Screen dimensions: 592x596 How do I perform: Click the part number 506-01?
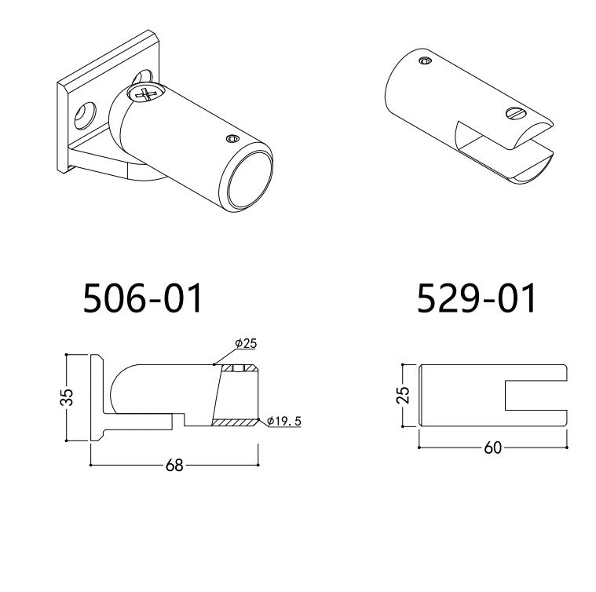pyautogui.click(x=143, y=298)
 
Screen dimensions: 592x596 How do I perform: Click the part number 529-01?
pyautogui.click(x=477, y=298)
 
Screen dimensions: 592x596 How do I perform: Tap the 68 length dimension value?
pyautogui.click(x=174, y=465)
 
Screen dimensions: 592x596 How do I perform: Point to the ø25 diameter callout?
pyautogui.click(x=246, y=343)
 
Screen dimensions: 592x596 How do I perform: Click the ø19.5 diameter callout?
pyautogui.click(x=283, y=422)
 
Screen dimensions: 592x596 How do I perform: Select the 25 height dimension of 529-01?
pyautogui.click(x=403, y=395)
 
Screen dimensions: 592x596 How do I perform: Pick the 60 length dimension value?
pyautogui.click(x=492, y=448)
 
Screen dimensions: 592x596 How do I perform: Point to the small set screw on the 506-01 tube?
pyautogui.click(x=231, y=139)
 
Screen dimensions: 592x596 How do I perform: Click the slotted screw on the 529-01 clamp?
pyautogui.click(x=515, y=114)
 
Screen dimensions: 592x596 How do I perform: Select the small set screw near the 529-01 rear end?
pyautogui.click(x=425, y=60)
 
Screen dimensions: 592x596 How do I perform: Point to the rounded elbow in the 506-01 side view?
pyautogui.click(x=122, y=388)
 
